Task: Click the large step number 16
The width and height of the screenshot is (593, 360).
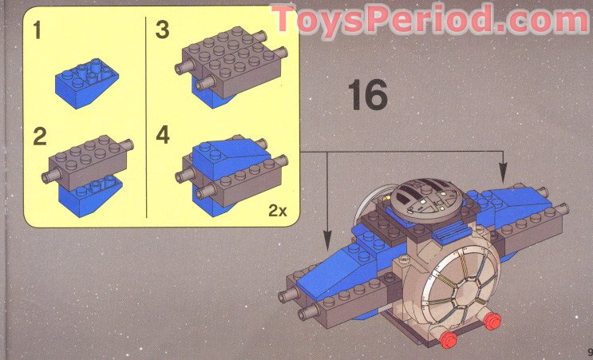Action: coord(368,95)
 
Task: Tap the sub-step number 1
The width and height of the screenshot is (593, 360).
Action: coord(37,30)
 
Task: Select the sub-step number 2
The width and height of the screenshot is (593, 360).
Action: coord(39,136)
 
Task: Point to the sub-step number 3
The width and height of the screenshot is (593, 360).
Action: coord(162,30)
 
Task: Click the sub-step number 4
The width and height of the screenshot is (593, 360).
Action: coord(163,136)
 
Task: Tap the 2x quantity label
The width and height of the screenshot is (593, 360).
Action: coord(278,211)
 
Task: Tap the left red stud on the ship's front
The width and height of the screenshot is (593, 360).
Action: coord(449,338)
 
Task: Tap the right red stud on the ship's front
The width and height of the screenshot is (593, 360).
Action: coord(492,321)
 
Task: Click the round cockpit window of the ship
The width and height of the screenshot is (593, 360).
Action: coord(459,283)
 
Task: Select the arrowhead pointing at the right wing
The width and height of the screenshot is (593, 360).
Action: coord(503,172)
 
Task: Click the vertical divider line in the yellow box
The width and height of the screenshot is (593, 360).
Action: coord(146,117)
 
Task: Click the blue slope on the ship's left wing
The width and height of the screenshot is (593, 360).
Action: coord(334,270)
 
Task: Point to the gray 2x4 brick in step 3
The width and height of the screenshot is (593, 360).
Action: coord(231,62)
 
